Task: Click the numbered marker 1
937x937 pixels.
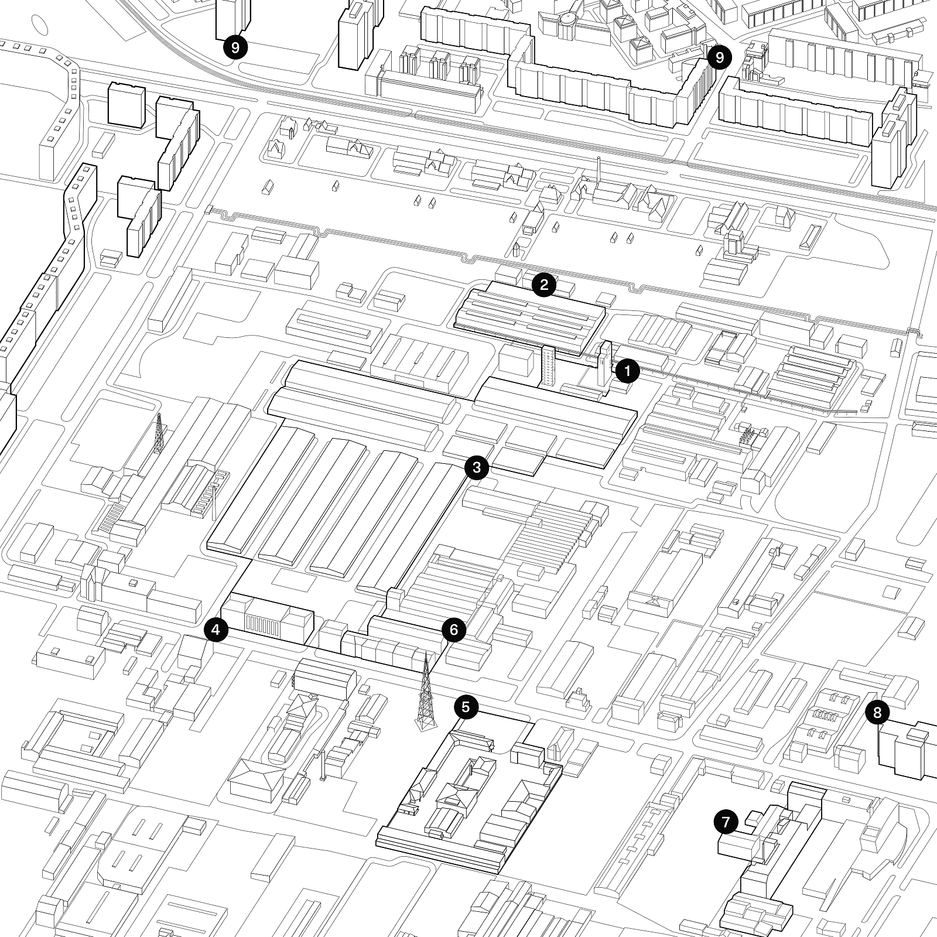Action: (x=627, y=371)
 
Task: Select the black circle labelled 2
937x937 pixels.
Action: (x=544, y=285)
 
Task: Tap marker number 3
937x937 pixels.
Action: (x=476, y=467)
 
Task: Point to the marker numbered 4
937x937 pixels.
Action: (x=216, y=630)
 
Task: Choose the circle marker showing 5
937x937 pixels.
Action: (x=466, y=707)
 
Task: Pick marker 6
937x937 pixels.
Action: (x=454, y=630)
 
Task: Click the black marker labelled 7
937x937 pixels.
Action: (x=726, y=822)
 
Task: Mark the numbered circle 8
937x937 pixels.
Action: (x=877, y=712)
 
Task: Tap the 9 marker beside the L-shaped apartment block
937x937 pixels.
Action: (x=719, y=57)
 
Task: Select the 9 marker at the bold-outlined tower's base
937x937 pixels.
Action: (x=235, y=47)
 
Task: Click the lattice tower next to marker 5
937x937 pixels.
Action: (x=426, y=694)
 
